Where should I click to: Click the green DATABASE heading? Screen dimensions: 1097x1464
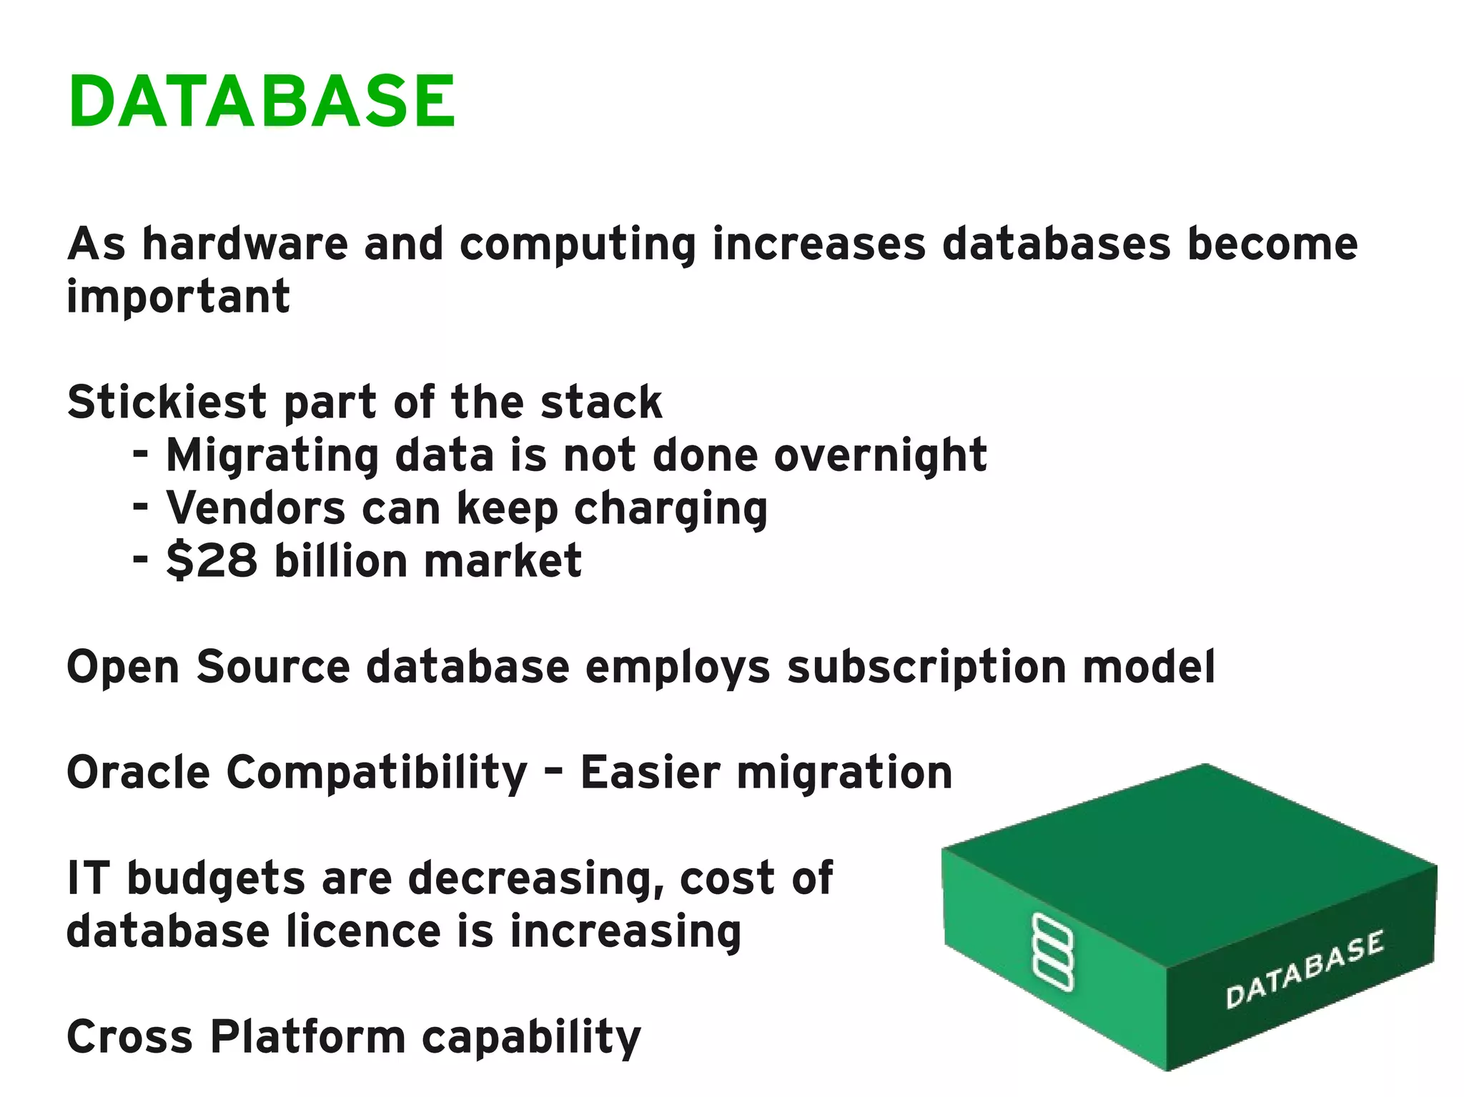tap(262, 101)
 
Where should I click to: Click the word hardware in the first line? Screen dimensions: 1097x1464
tap(244, 244)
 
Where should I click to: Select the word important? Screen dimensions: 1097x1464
tap(178, 297)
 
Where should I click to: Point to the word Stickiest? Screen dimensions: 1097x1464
tap(167, 402)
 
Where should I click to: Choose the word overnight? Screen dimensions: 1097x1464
tap(880, 456)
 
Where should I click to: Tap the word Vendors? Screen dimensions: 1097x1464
tap(256, 508)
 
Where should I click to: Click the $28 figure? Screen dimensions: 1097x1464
tap(211, 560)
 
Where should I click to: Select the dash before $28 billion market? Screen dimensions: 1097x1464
tap(141, 557)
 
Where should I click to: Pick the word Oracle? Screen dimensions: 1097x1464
tap(138, 773)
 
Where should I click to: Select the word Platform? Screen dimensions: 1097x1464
tap(307, 1036)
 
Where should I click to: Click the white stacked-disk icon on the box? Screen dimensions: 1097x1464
tap(1053, 952)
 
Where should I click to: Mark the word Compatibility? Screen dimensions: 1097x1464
tap(377, 774)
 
